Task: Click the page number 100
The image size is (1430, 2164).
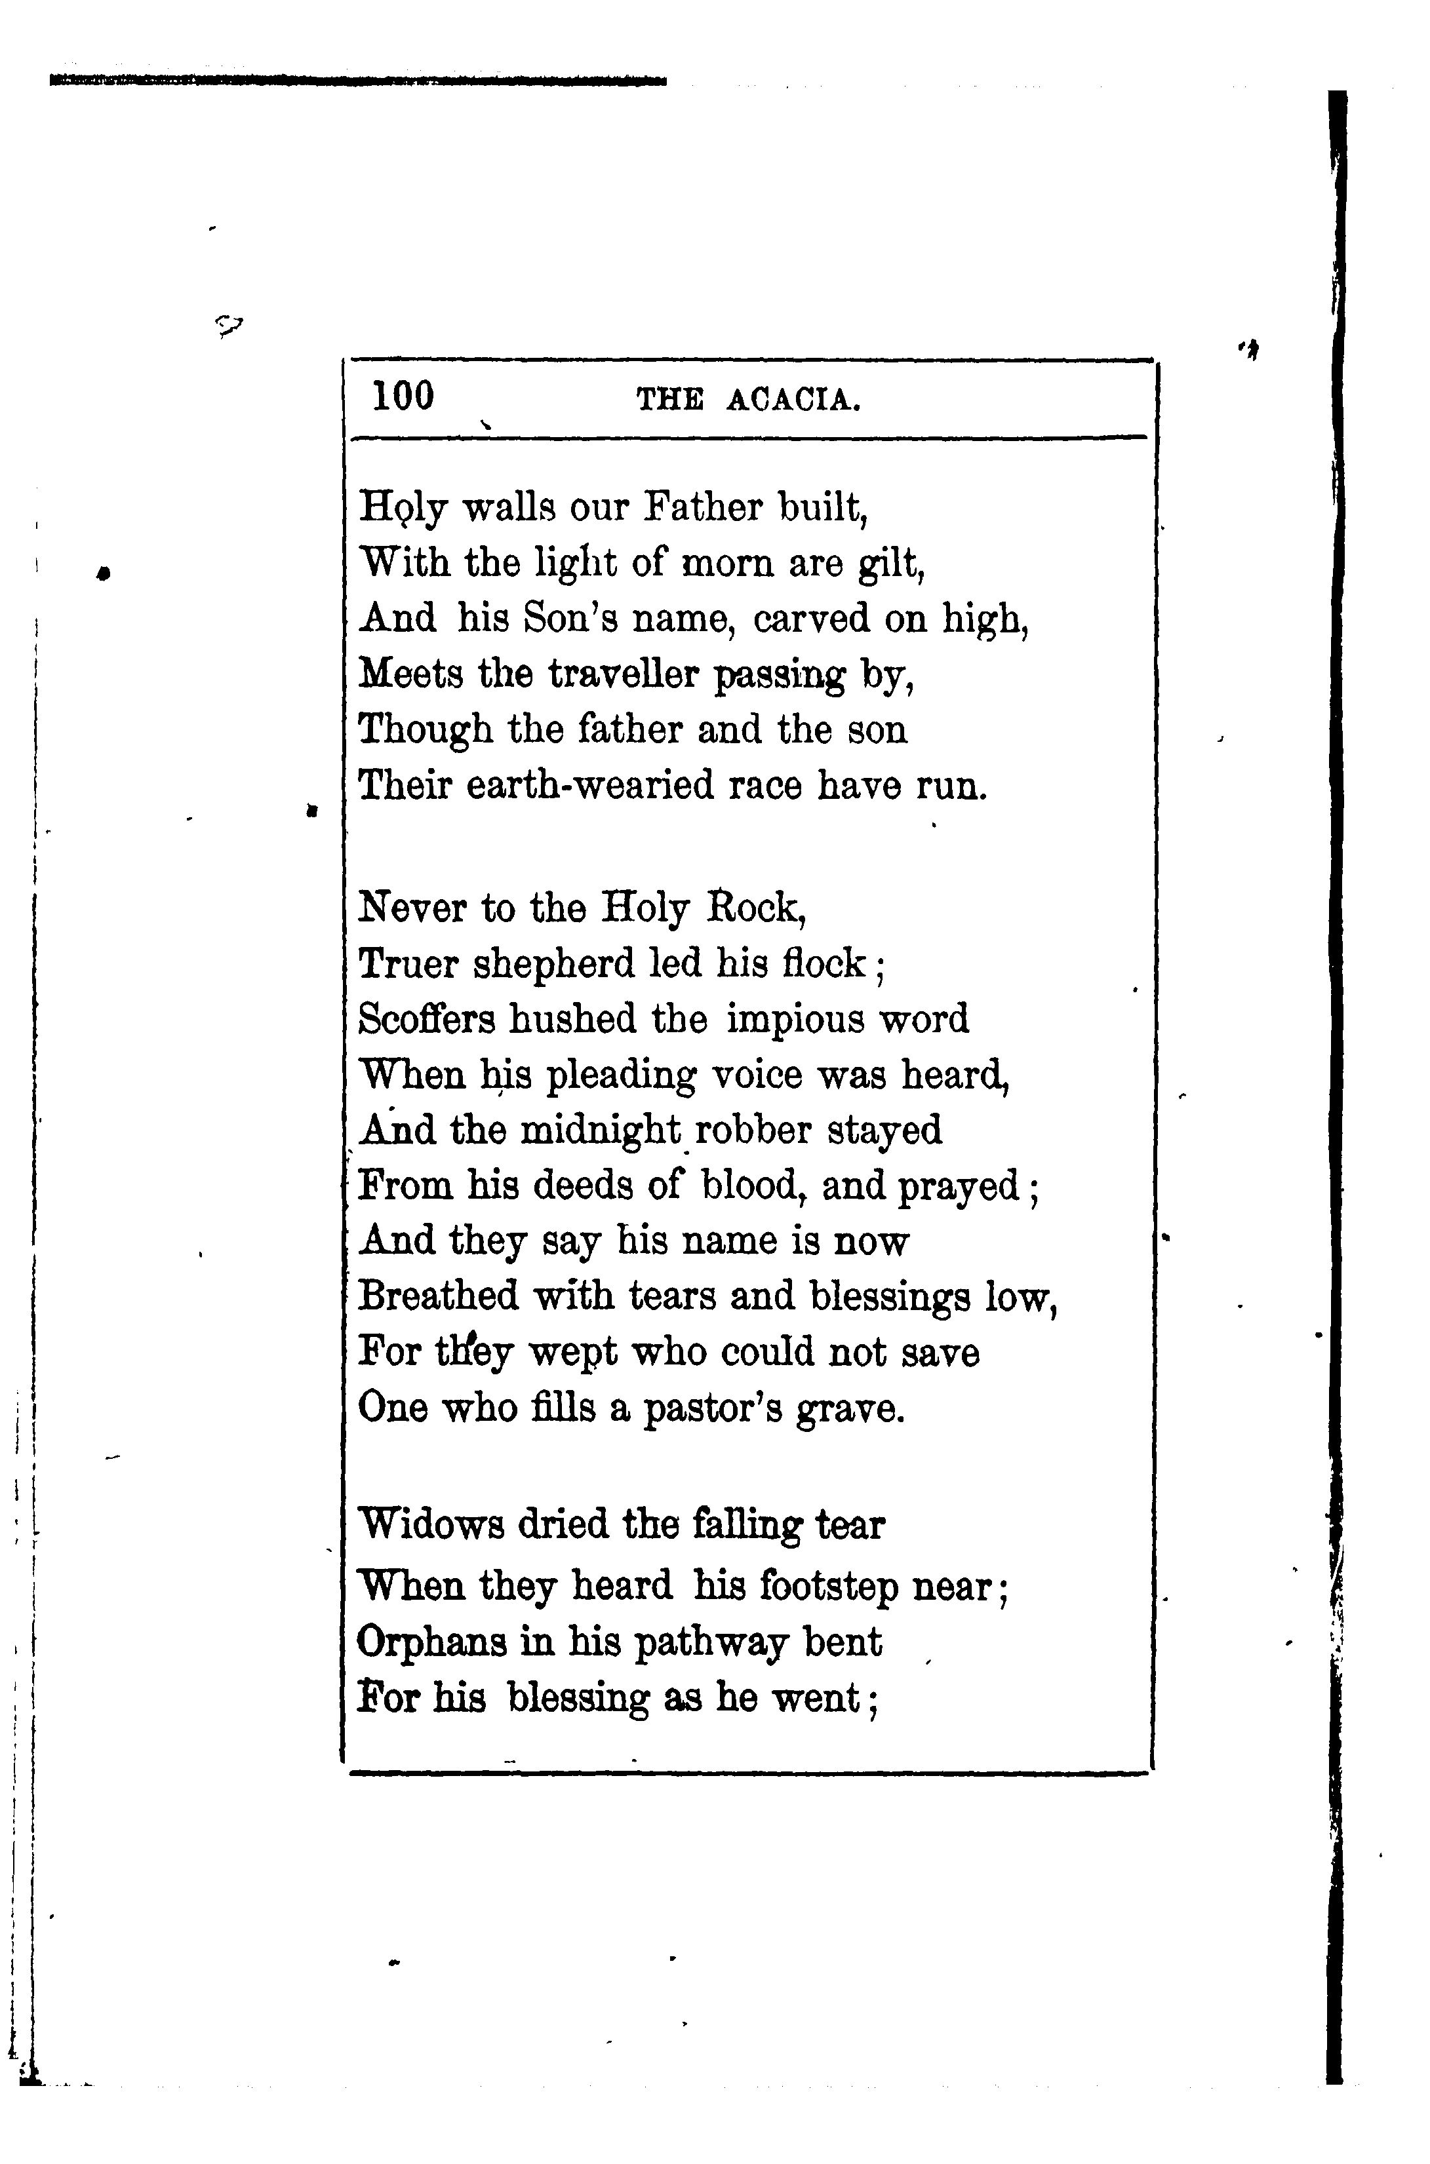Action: (403, 396)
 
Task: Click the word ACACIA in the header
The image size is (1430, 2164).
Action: (793, 400)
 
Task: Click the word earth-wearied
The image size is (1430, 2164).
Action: (589, 785)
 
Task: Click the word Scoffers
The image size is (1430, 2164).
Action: (426, 1019)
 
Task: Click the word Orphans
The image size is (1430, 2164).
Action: (431, 1642)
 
